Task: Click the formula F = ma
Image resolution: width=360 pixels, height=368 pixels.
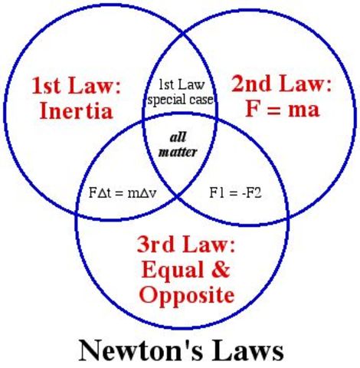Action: coord(281,110)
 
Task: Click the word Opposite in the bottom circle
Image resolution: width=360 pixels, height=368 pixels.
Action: coord(187,296)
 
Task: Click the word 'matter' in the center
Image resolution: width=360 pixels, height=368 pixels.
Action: coord(178,152)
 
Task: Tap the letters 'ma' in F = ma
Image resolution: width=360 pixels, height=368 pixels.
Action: coord(302,110)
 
